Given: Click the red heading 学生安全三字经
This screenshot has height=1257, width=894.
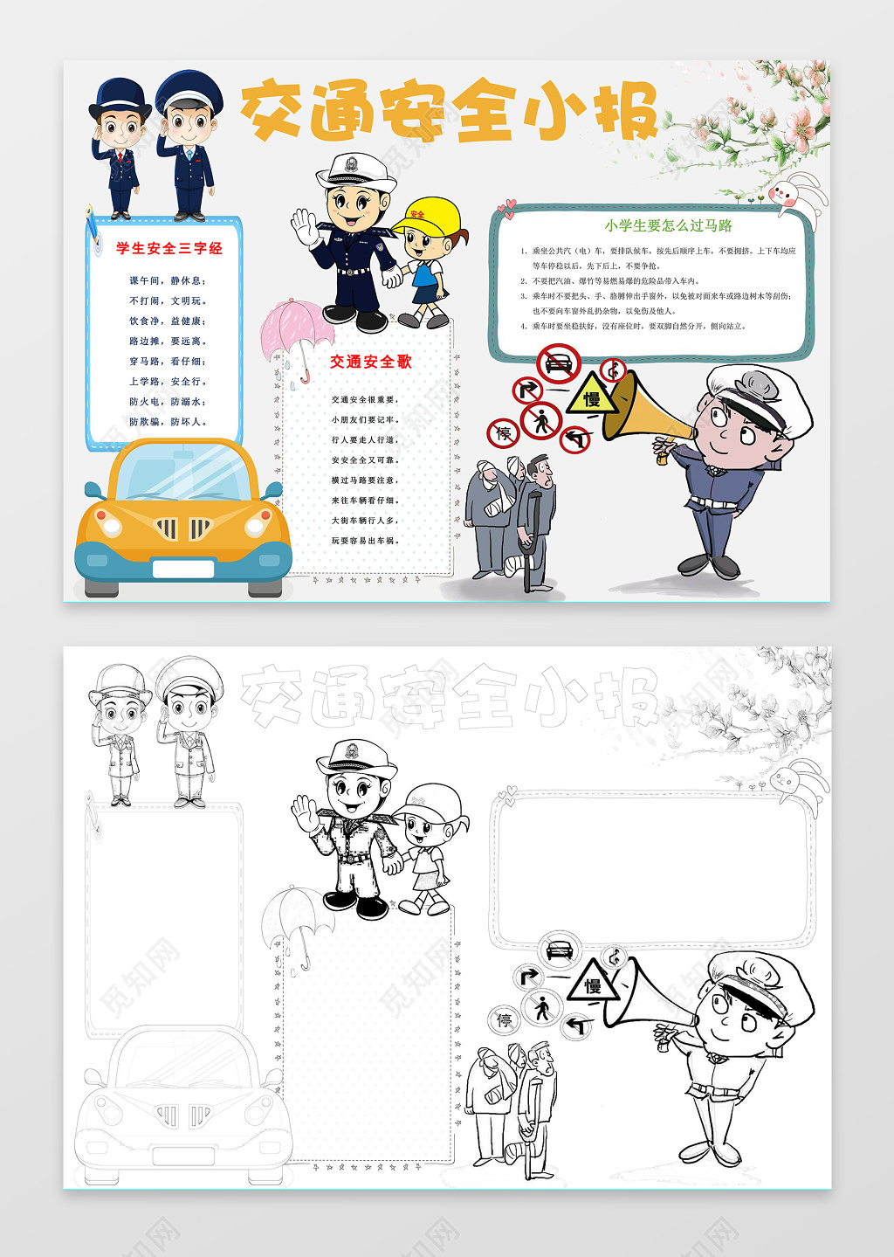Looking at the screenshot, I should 169,248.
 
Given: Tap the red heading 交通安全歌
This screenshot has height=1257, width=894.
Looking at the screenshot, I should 370,361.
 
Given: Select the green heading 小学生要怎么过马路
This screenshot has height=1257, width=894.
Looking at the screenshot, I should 668,225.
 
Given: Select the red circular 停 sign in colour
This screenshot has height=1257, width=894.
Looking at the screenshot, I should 504,432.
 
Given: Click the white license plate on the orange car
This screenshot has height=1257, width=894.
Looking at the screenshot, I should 183,569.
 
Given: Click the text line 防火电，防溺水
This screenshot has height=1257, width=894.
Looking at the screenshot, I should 168,402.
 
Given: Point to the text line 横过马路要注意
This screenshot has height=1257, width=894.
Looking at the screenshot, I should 364,480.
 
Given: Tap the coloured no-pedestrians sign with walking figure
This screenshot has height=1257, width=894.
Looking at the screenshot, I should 542,421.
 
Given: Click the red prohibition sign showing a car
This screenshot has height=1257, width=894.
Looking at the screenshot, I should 559,363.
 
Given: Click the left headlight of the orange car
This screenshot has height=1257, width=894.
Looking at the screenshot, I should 110,524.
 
